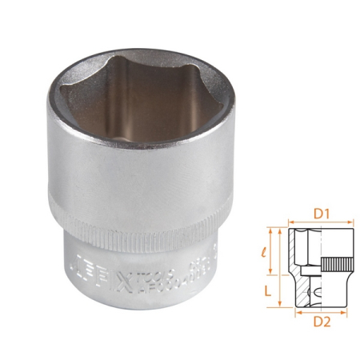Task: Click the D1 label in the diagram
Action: pos(321,214)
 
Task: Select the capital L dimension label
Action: pos(270,286)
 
